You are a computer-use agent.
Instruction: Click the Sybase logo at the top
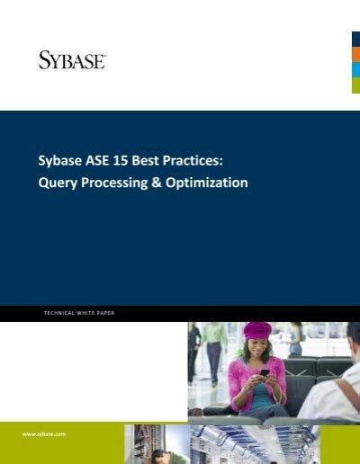click(72, 61)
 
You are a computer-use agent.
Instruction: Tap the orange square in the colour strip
click(355, 54)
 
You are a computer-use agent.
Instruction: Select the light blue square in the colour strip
click(355, 69)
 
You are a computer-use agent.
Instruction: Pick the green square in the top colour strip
click(355, 85)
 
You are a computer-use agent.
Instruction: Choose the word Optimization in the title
click(212, 183)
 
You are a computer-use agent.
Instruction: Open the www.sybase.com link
click(44, 433)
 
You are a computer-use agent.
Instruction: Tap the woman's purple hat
click(257, 330)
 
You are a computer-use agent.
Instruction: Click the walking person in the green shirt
click(214, 346)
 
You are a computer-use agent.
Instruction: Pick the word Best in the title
click(157, 164)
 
